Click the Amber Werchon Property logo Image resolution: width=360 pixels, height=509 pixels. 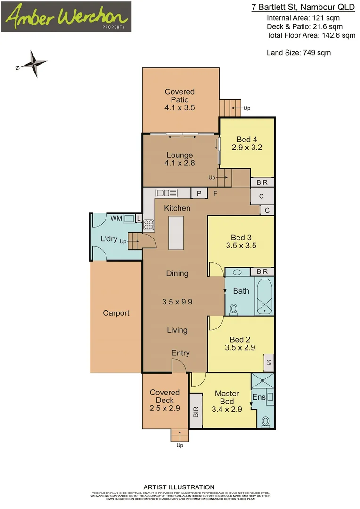[x=66, y=17]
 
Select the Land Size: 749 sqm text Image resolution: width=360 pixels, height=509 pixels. [x=299, y=53]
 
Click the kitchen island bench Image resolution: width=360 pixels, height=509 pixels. [x=176, y=233]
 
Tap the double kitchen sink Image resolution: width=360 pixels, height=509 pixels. [x=166, y=193]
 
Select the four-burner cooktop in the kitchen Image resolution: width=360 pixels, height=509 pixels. [x=148, y=224]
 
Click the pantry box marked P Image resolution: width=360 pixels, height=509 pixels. [x=198, y=193]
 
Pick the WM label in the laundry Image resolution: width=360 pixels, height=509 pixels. [x=115, y=218]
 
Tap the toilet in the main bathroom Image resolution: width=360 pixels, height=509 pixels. [x=233, y=309]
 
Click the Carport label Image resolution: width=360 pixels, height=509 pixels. [x=116, y=313]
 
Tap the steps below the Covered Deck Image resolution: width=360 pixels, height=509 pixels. [x=180, y=435]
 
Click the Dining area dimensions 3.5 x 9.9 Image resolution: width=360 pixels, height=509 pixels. [x=177, y=302]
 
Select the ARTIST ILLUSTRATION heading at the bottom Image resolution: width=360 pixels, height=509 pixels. [x=179, y=487]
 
